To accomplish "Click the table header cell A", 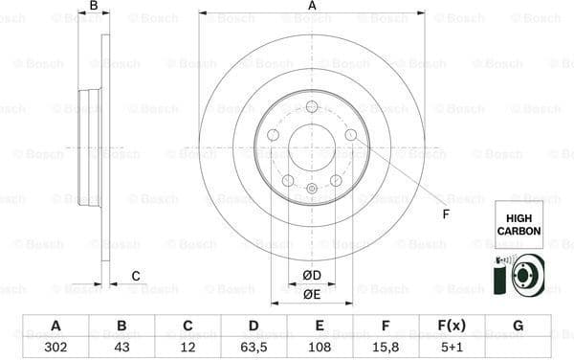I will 55,326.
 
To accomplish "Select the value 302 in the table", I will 55,347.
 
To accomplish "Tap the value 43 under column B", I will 121,347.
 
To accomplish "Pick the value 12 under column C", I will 188,347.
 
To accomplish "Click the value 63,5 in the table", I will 254,347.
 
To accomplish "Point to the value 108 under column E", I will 320,347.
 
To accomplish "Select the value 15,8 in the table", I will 386,347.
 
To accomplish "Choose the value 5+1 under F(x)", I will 452,347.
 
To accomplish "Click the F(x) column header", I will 452,326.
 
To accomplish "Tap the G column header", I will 518,326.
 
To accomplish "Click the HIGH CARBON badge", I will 519,225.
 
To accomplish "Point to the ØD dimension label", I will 312,277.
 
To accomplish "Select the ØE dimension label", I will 312,295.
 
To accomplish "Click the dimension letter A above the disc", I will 312,7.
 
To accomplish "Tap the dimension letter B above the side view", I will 93,7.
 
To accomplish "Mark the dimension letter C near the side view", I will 136,277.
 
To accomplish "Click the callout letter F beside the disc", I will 446,213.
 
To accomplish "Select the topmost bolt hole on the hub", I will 312,105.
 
